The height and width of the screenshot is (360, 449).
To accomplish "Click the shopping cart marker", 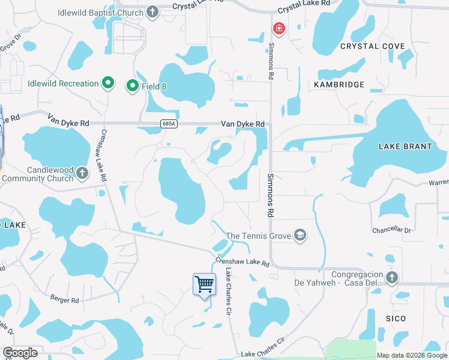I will (204, 284).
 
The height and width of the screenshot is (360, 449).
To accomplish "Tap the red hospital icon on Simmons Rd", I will (278, 28).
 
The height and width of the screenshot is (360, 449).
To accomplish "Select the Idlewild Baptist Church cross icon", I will (152, 12).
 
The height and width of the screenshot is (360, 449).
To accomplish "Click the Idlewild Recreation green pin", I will (108, 83).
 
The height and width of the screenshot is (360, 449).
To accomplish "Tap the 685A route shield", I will (169, 124).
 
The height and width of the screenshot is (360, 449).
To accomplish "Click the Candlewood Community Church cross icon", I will (83, 174).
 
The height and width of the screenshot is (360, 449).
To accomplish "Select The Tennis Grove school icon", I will (300, 236).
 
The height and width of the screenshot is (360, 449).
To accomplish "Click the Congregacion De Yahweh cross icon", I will (391, 277).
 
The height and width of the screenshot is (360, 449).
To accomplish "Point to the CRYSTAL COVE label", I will (368, 46).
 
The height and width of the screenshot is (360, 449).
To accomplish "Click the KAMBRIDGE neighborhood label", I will (339, 85).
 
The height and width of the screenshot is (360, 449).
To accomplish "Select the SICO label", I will (396, 319).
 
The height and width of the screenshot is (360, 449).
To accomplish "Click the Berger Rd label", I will (64, 300).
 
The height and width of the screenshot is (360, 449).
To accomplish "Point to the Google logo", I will (20, 353).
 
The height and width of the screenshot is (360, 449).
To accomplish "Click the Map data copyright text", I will (411, 355).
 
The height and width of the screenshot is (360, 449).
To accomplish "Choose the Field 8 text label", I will (154, 86).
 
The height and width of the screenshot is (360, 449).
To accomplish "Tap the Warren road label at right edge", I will (439, 182).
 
